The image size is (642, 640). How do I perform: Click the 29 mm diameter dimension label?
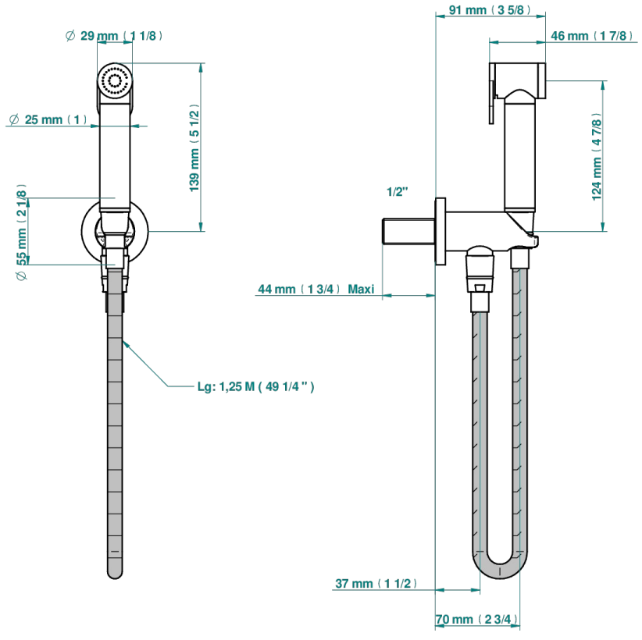113,36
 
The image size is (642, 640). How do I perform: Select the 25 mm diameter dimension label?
48,119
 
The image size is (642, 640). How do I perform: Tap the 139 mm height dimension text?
194,148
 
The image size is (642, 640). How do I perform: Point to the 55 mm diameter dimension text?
22,232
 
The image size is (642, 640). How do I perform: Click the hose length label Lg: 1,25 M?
256,386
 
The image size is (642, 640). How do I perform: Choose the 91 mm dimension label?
490,10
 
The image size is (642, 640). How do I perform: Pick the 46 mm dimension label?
592,36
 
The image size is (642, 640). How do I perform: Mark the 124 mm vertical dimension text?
597,157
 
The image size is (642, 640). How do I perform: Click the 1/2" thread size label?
398,191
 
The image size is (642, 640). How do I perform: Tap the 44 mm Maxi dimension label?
316,290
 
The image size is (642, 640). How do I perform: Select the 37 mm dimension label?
376,584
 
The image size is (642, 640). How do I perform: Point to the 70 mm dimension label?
476,620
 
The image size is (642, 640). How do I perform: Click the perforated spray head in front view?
115,80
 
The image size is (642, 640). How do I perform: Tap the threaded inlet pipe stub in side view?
408,232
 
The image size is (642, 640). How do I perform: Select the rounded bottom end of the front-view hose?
115,571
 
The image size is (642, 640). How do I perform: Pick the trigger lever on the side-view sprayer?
492,101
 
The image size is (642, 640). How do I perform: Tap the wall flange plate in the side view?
440,232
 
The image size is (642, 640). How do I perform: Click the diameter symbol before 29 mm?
70,36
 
